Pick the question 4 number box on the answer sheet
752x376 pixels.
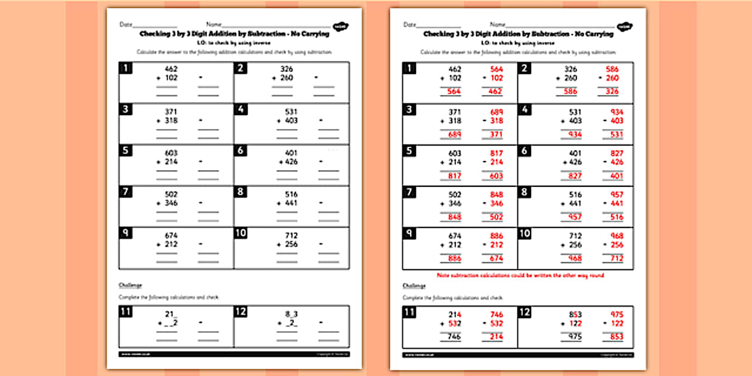click(x=525, y=109)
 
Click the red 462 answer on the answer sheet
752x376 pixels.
click(x=495, y=92)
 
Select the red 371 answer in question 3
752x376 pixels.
click(x=495, y=135)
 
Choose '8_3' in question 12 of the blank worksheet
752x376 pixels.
click(x=289, y=315)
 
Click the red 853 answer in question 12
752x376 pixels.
click(x=615, y=337)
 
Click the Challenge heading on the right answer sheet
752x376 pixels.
click(x=414, y=286)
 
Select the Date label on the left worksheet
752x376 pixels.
click(x=125, y=24)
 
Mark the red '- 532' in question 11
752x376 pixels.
click(x=492, y=324)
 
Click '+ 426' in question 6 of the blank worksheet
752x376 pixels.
click(x=287, y=162)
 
